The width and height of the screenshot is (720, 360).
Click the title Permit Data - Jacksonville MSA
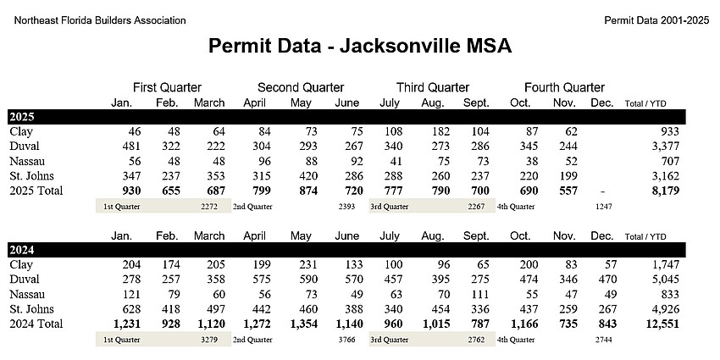pyautogui.click(x=360, y=46)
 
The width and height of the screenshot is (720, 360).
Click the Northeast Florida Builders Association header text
pyautogui.click(x=100, y=19)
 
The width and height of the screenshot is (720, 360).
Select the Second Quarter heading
pyautogui.click(x=301, y=87)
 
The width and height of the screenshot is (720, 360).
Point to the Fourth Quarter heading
pyautogui.click(x=564, y=87)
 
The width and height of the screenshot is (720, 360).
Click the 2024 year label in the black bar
pyautogui.click(x=22, y=250)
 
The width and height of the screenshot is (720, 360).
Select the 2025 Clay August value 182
pyautogui.click(x=439, y=132)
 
